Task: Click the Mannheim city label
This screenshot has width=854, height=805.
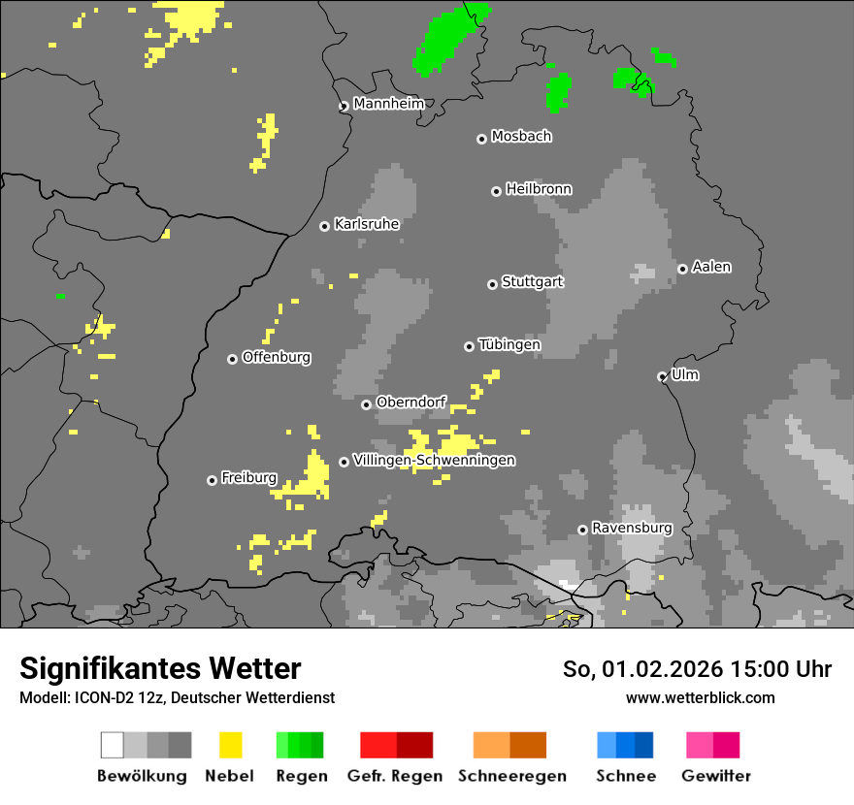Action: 389,104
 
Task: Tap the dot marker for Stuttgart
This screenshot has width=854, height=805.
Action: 492,284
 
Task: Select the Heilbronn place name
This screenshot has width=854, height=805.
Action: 539,189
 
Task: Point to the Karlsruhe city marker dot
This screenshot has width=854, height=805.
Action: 325,226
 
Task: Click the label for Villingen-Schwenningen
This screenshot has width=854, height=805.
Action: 434,460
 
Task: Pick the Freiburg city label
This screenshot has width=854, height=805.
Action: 248,478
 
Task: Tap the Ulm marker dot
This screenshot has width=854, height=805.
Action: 663,376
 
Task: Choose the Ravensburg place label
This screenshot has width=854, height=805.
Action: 632,529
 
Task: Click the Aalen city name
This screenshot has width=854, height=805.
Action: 711,267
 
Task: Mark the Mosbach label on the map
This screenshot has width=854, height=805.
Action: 521,137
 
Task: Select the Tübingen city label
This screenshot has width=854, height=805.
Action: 509,344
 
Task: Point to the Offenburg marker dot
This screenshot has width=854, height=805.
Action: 233,359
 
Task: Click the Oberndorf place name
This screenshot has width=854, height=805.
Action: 411,402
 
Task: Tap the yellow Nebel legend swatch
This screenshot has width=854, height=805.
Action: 230,745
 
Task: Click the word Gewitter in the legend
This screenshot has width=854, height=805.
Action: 715,776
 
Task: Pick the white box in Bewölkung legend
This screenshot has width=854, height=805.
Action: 113,745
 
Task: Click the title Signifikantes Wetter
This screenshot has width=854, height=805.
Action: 160,668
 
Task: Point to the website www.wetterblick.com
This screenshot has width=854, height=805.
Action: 700,697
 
